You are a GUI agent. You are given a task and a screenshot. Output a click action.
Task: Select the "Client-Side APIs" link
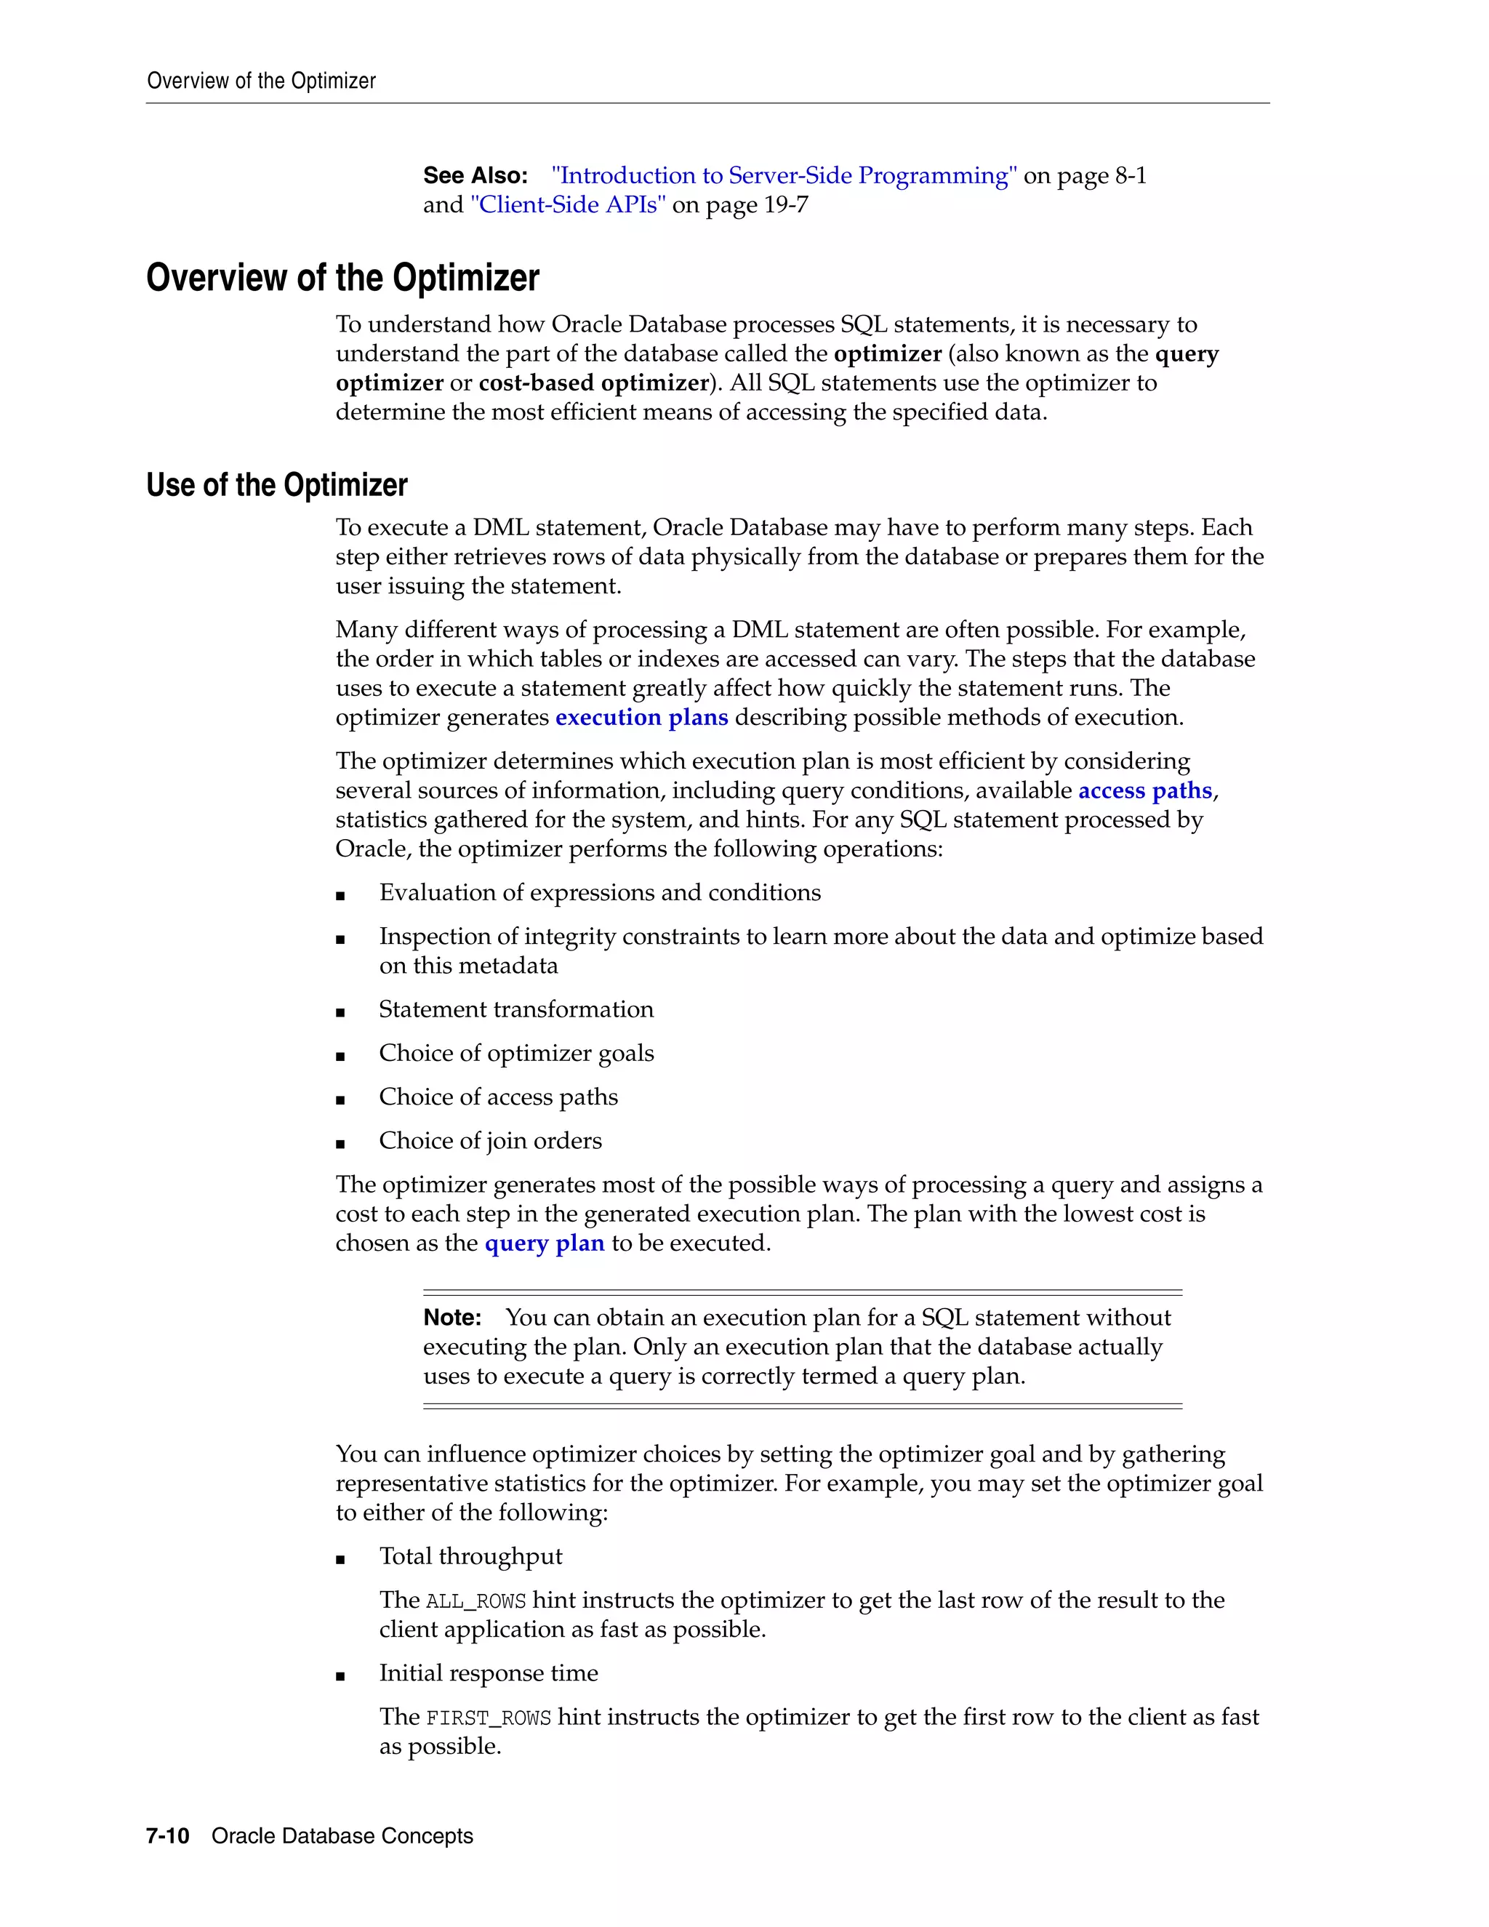point(568,205)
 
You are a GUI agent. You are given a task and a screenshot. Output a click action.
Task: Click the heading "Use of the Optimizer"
point(277,485)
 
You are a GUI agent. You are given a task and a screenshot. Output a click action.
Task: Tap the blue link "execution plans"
point(641,717)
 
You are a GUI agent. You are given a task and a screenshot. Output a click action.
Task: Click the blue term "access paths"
point(1145,790)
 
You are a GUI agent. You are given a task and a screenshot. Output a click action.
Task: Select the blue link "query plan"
point(545,1243)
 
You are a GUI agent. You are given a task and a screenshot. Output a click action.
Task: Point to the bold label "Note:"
point(451,1318)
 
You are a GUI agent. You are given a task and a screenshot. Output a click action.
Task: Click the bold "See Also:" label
point(475,175)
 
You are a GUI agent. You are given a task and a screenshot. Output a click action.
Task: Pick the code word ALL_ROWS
point(475,1601)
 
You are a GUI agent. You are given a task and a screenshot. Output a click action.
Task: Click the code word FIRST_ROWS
point(488,1718)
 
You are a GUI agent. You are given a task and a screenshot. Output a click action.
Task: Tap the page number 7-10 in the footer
point(168,1836)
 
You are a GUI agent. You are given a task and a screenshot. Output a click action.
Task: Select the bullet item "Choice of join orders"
point(491,1141)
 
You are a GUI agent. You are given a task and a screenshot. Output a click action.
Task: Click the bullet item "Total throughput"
point(470,1556)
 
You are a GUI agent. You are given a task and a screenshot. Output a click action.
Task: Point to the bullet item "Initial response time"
point(488,1673)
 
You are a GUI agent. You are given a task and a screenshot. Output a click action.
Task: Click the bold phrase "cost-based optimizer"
point(594,383)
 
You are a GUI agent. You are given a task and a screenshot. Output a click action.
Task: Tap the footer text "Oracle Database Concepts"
point(342,1836)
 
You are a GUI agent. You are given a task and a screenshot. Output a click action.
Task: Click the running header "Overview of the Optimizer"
point(261,81)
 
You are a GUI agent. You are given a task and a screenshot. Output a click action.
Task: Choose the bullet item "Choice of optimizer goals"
point(516,1054)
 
